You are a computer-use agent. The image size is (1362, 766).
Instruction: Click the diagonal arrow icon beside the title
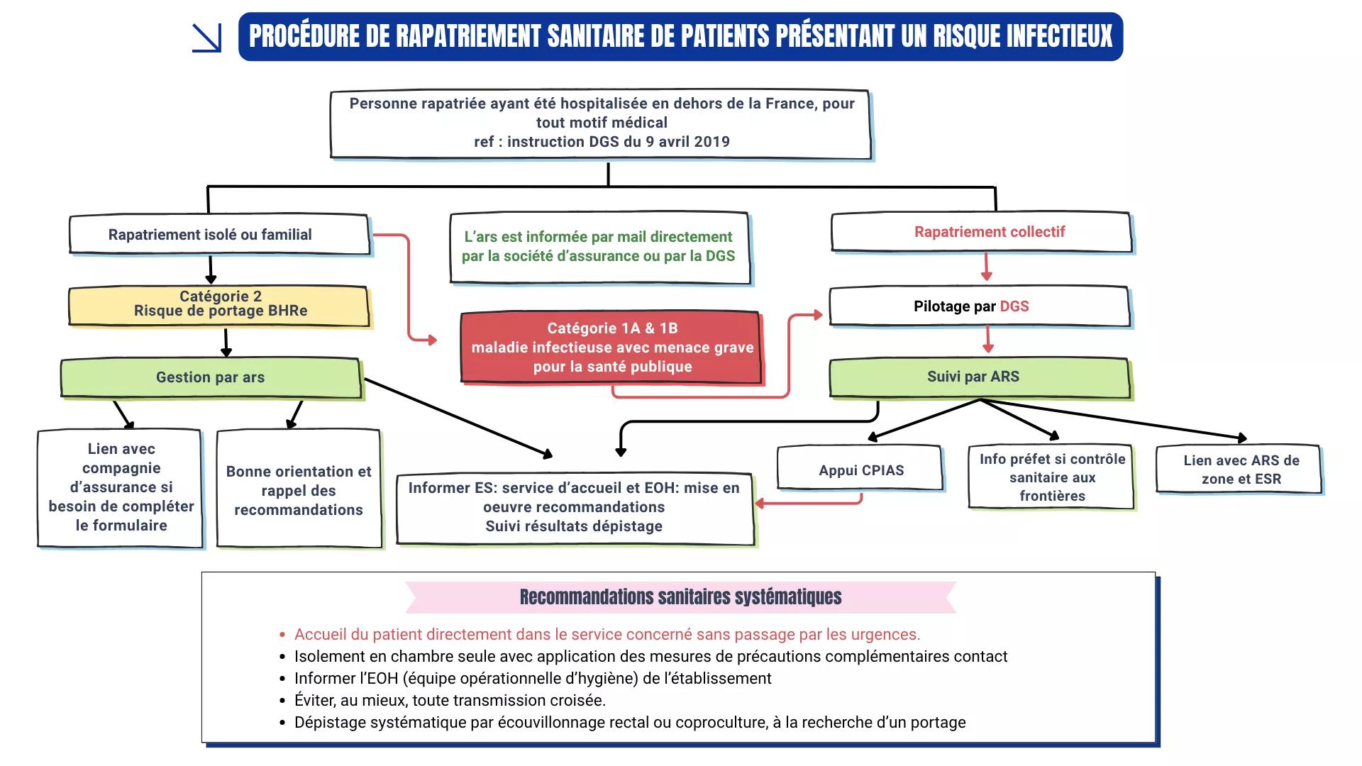pos(206,38)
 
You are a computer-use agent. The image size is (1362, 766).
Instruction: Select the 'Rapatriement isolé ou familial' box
pos(218,234)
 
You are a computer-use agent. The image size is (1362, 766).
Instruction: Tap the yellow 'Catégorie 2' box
pos(218,306)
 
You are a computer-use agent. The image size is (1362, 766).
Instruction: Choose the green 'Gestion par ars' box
pos(211,377)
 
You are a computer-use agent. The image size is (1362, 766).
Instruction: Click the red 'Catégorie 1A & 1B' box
pos(611,348)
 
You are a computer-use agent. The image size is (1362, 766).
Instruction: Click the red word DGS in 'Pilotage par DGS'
pos(1014,306)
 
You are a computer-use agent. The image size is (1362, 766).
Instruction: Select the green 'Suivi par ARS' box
pos(979,377)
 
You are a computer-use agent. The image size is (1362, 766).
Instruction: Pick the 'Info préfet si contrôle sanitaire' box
pos(1051,477)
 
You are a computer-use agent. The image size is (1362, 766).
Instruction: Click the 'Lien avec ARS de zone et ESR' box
pos(1239,469)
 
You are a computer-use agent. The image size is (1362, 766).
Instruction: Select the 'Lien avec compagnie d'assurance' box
pos(121,487)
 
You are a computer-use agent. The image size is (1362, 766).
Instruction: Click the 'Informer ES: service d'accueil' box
pos(575,508)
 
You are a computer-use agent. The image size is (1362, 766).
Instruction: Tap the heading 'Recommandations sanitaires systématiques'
pos(680,597)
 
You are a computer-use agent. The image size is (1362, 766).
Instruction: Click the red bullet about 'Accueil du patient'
pos(607,635)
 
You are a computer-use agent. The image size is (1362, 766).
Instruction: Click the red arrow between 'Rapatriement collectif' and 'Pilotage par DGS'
pos(986,267)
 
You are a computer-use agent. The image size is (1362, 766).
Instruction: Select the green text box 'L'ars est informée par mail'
pos(599,247)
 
